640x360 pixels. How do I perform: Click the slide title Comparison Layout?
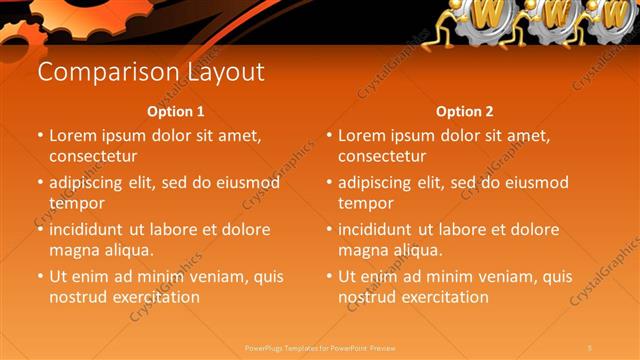(150, 72)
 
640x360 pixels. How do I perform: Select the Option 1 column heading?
(175, 111)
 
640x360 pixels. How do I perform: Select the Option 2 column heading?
(464, 111)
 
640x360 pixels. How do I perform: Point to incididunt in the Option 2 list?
(381, 229)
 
